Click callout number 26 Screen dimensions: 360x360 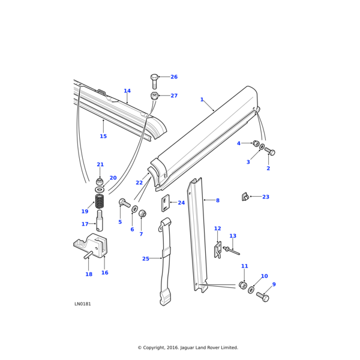(x=174, y=77)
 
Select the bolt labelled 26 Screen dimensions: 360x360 (x=154, y=81)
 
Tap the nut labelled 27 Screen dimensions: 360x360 (x=154, y=96)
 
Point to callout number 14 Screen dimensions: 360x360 (x=127, y=91)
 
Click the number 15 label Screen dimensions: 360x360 (x=103, y=136)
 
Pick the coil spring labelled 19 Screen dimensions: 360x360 (x=100, y=202)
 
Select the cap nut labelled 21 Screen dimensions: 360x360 (x=100, y=182)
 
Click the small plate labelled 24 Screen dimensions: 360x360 (x=166, y=203)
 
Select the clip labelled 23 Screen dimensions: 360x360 (x=245, y=196)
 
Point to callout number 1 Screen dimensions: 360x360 (x=202, y=100)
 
